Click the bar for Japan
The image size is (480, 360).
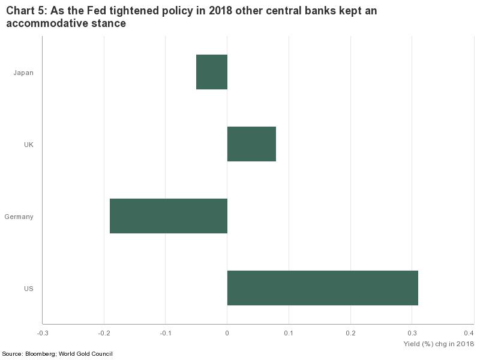[x=212, y=72]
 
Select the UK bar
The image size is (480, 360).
[x=251, y=144]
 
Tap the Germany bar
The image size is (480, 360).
[x=169, y=216]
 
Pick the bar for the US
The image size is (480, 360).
[x=322, y=288]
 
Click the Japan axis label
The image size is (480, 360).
[x=23, y=73]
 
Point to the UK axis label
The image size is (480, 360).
[x=28, y=145]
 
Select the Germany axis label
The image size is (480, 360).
[x=19, y=217]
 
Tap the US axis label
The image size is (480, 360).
[x=28, y=289]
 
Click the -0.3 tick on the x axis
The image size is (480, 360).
[x=42, y=333]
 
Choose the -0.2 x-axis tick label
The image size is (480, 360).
[x=104, y=333]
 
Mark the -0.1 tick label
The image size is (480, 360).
[x=166, y=333]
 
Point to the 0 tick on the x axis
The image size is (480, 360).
[x=227, y=333]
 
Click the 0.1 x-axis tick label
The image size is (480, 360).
[x=289, y=333]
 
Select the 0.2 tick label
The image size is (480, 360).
[x=350, y=333]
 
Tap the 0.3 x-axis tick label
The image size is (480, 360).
[x=412, y=333]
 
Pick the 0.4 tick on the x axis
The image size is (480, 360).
[x=469, y=333]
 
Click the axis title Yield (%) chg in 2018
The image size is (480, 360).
[x=439, y=344]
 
